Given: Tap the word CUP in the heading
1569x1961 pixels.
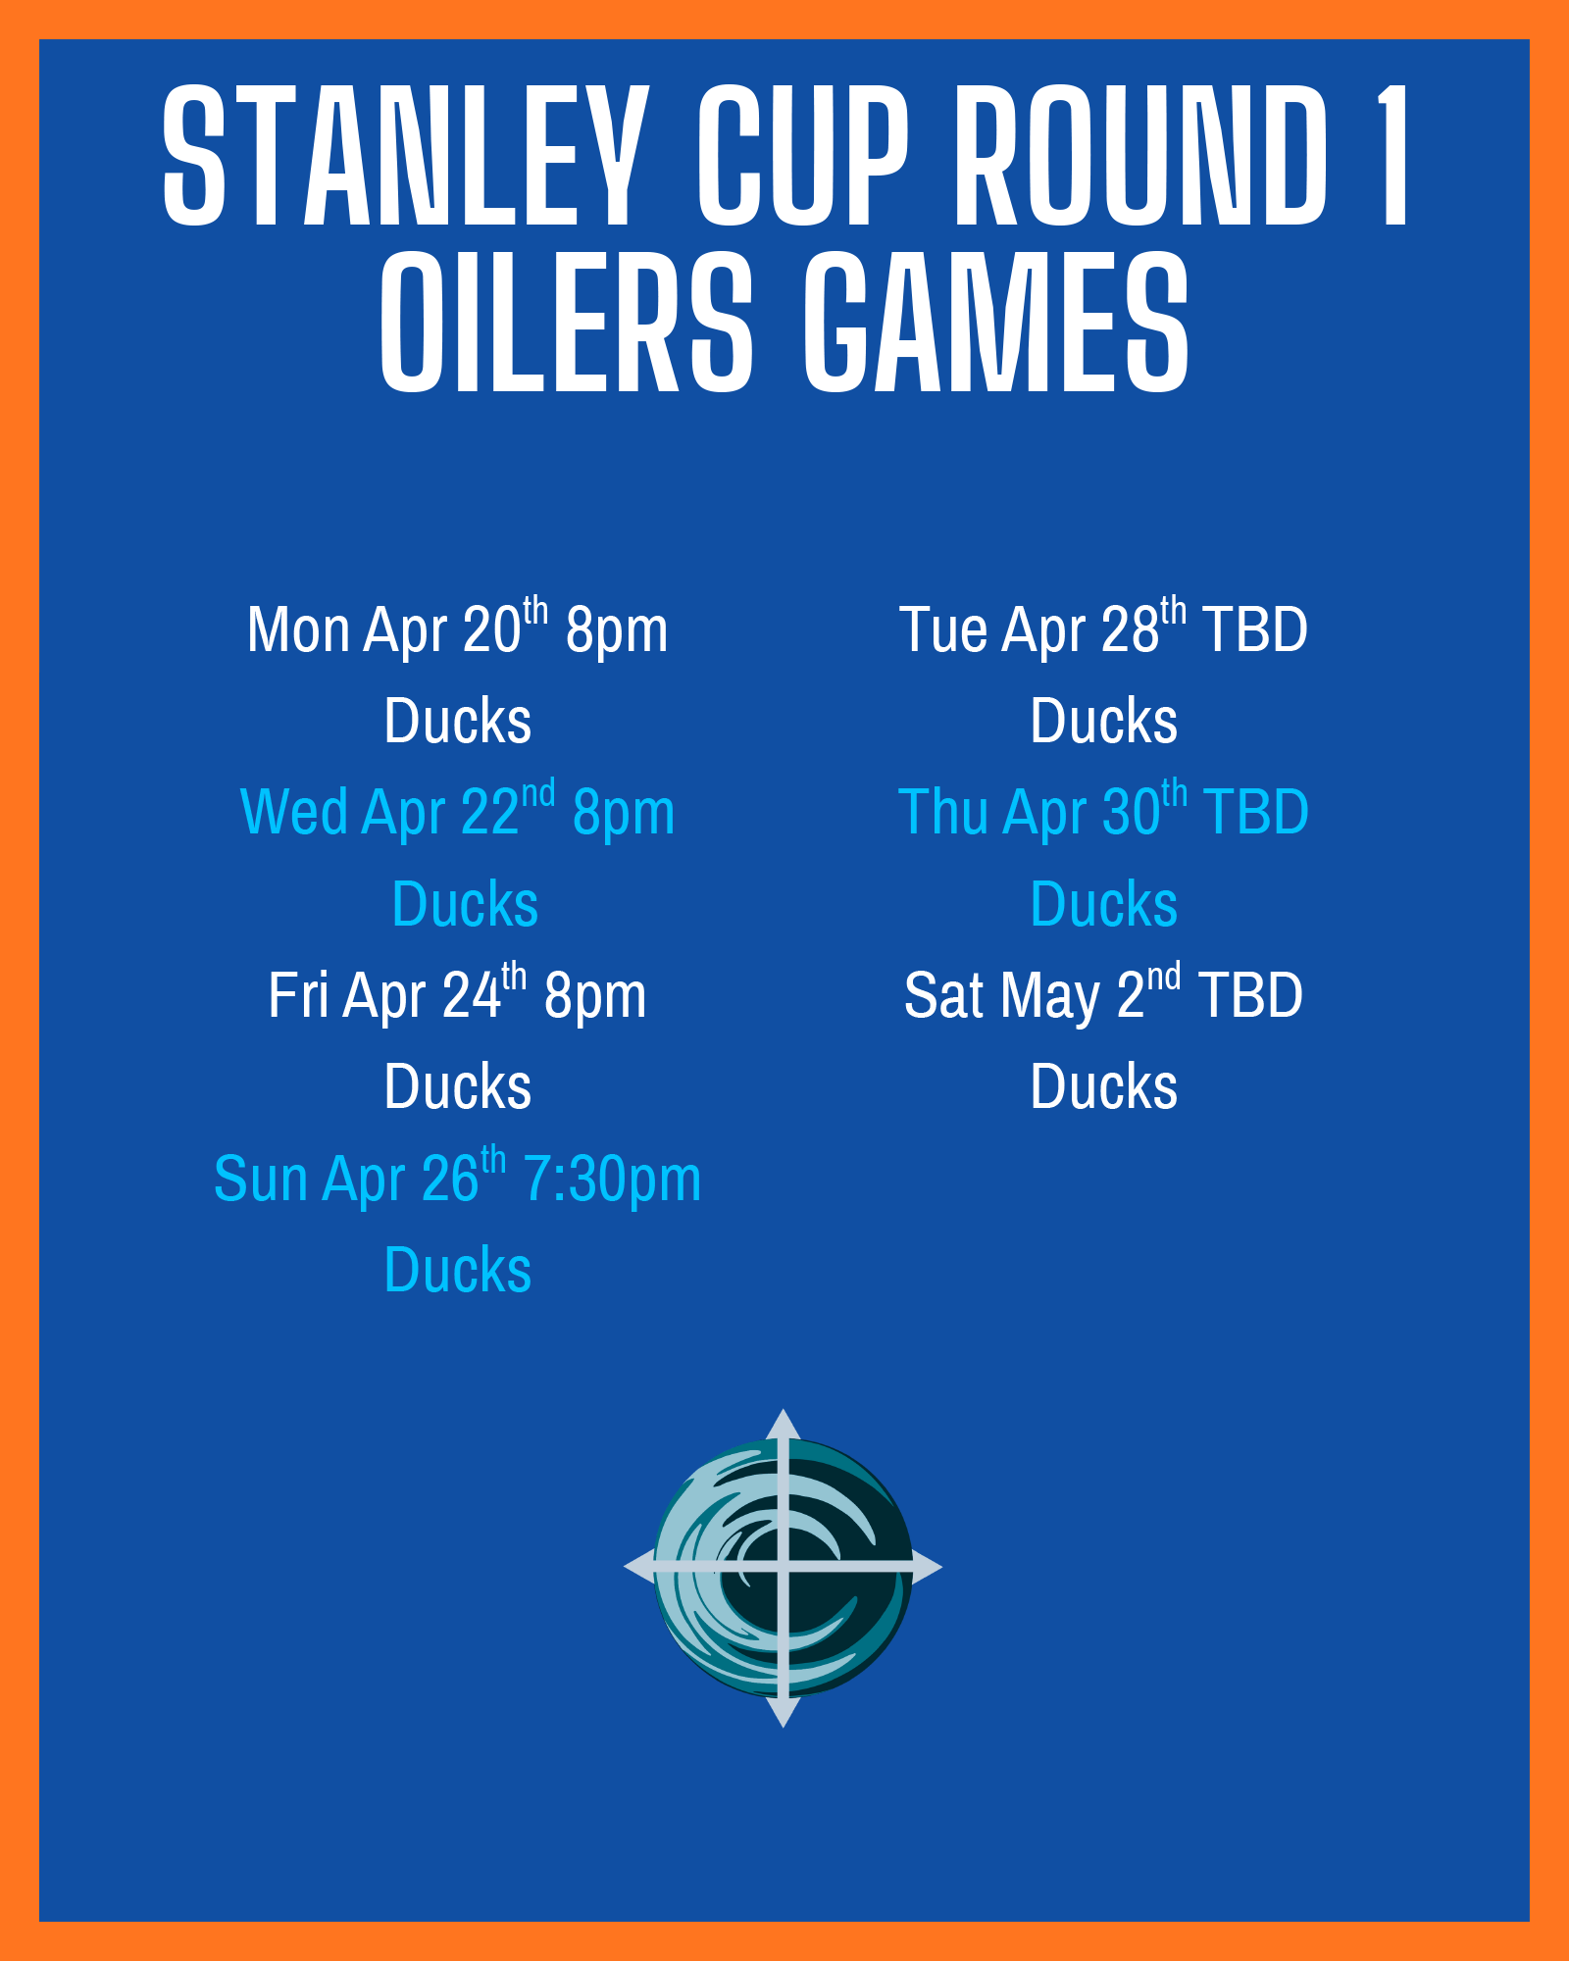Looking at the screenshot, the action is click(x=803, y=154).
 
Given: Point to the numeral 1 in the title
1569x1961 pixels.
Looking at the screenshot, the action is click(x=1392, y=154).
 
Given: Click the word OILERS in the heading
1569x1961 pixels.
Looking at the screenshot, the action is click(x=567, y=322).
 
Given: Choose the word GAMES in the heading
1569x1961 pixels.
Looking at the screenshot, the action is click(x=995, y=322).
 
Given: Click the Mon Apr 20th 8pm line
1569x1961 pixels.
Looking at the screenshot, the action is click(x=458, y=628).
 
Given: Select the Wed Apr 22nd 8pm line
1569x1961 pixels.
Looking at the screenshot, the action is click(x=458, y=810).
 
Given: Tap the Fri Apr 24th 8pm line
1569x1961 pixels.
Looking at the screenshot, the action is click(x=458, y=993).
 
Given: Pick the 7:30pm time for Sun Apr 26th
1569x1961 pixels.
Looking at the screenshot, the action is click(x=612, y=1179).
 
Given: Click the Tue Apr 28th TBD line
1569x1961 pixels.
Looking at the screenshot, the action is click(x=1104, y=628).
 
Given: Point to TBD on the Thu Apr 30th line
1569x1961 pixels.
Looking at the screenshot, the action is click(x=1256, y=812).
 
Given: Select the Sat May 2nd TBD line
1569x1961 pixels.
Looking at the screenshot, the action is click(x=1104, y=993).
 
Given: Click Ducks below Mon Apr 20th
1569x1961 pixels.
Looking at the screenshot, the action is click(x=458, y=721).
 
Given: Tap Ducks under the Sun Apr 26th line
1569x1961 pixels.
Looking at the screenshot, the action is click(x=458, y=1270).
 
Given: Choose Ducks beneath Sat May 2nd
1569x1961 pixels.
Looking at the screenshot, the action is click(x=1104, y=1086).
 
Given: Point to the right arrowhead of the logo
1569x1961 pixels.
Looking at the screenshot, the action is click(x=927, y=1567).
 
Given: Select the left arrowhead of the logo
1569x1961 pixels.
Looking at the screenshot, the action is click(x=639, y=1567).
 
